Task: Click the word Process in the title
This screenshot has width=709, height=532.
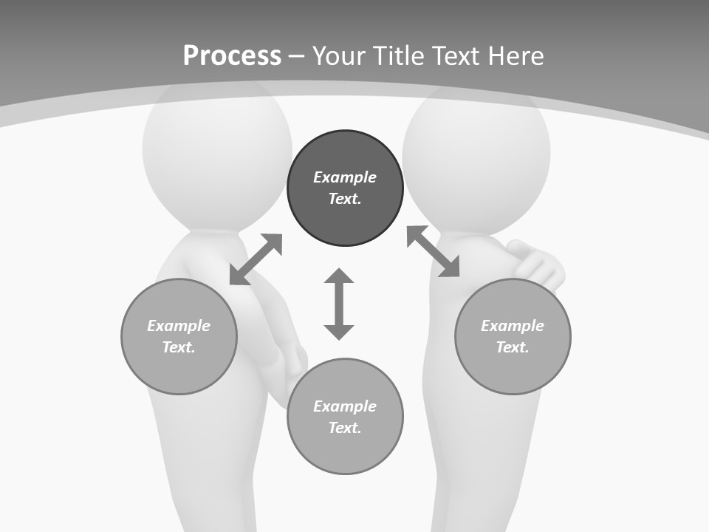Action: click(232, 55)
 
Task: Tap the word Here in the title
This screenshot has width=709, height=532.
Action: click(516, 55)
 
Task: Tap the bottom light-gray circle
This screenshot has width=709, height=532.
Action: click(345, 451)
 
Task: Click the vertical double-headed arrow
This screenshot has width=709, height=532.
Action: click(339, 304)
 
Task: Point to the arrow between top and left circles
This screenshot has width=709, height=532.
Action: click(256, 259)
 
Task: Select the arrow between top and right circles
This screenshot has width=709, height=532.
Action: click(433, 251)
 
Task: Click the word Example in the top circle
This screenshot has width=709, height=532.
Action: click(345, 177)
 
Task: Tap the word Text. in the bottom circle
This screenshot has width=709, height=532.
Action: click(345, 428)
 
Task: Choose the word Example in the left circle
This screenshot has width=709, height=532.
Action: click(179, 326)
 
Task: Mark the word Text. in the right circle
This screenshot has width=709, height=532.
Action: click(513, 347)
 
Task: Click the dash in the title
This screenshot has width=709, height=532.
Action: click(296, 55)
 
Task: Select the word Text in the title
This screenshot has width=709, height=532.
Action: click(458, 55)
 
